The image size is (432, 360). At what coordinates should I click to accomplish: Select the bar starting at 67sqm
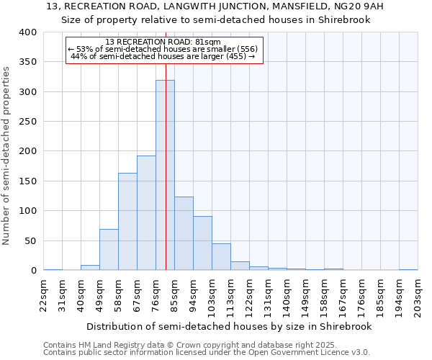pos(146,213)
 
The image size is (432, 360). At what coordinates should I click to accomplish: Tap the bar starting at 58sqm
pos(127,222)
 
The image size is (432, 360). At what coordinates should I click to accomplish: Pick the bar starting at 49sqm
pos(109,250)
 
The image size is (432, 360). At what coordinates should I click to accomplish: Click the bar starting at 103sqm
pos(221,257)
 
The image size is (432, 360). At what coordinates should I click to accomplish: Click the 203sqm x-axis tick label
pos(418,295)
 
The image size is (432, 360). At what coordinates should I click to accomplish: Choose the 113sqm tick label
pos(231,295)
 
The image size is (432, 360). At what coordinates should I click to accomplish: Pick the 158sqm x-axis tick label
pos(325,295)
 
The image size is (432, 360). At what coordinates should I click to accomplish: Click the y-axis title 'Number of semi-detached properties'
pos(7,155)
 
